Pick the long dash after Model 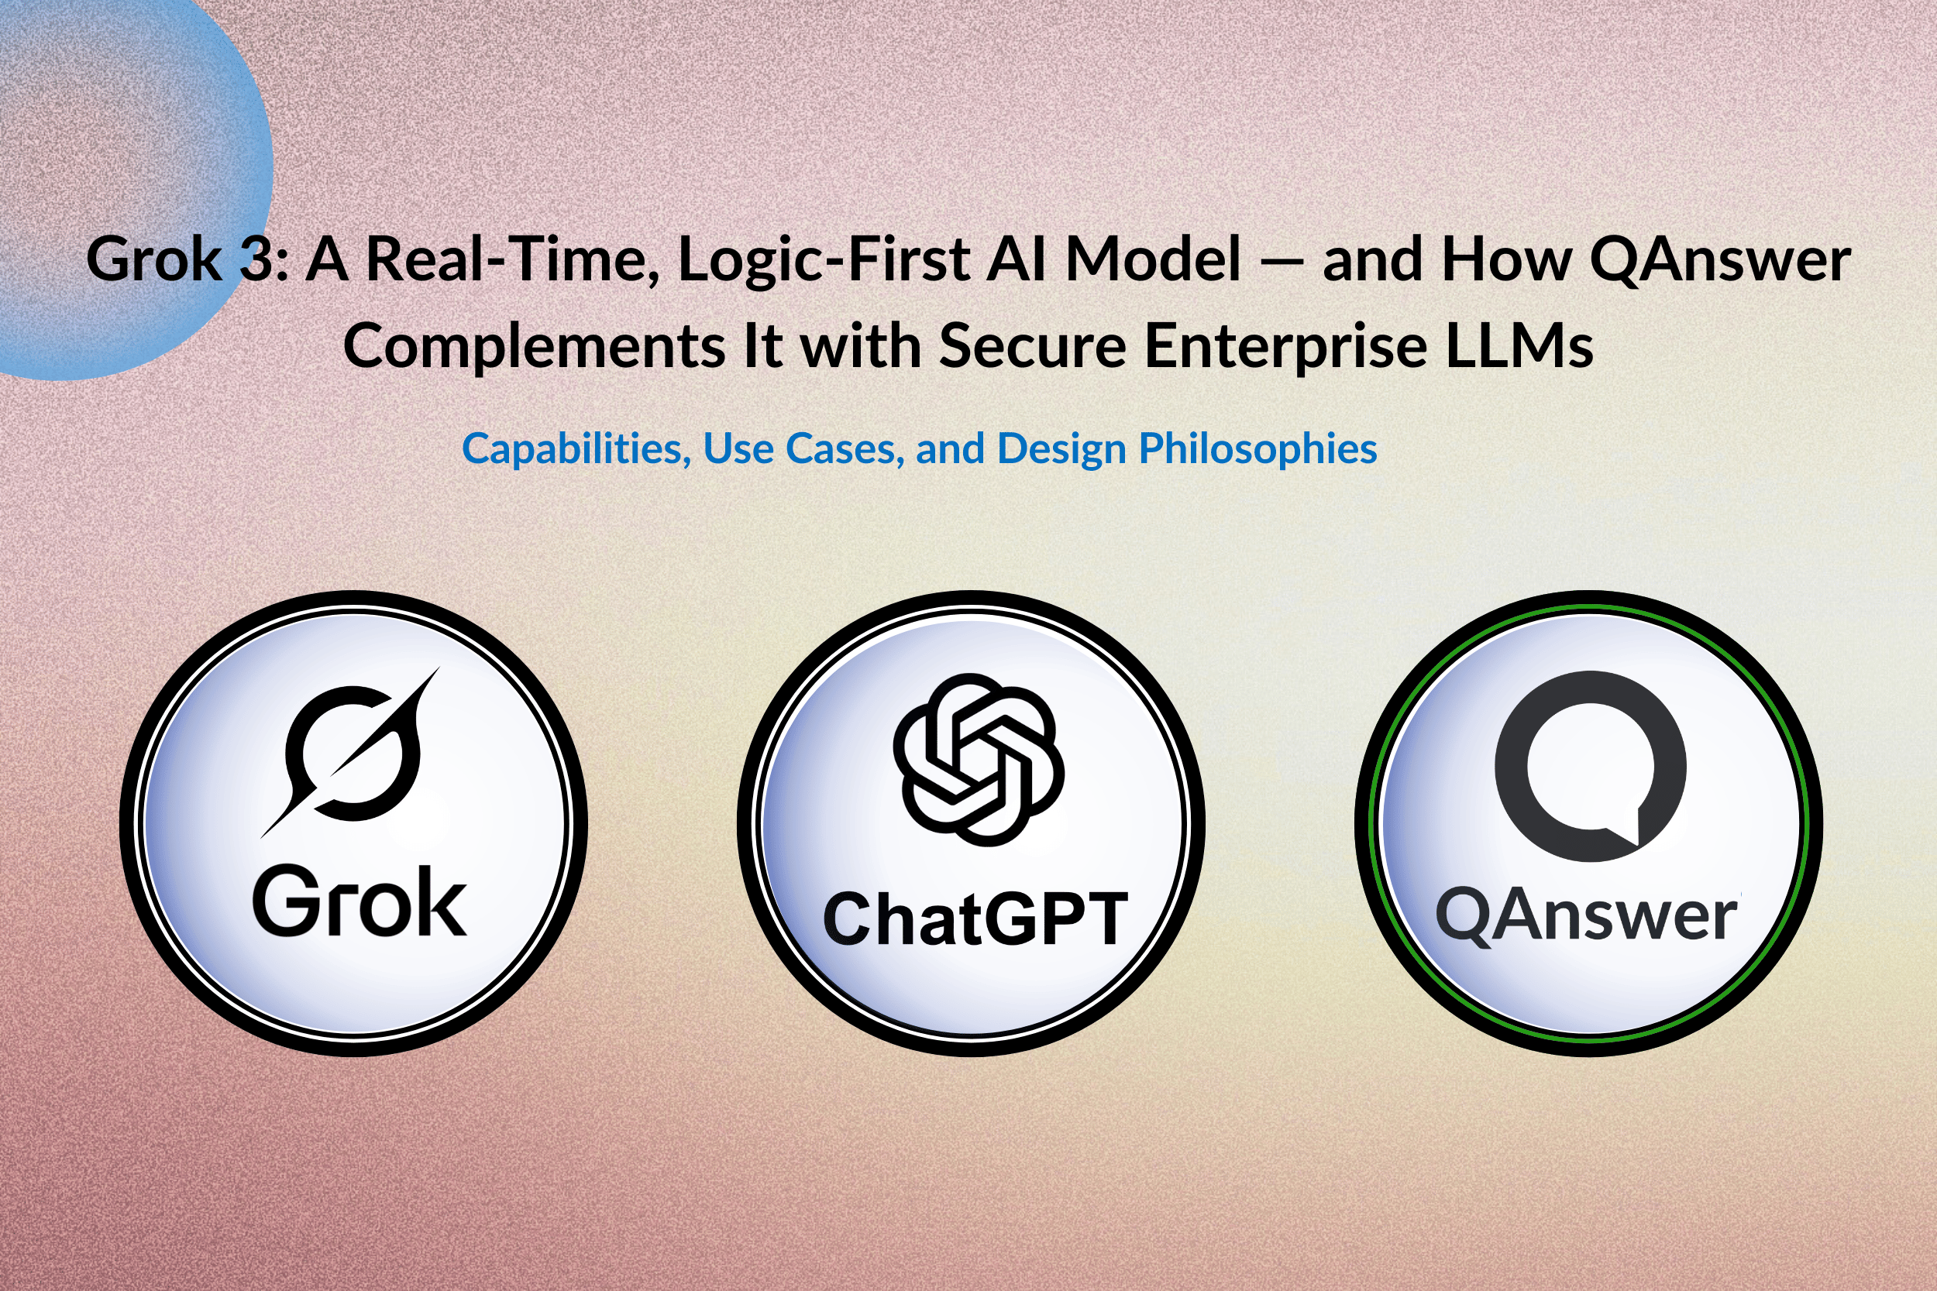(1281, 263)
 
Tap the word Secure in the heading (1033, 347)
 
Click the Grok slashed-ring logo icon (350, 753)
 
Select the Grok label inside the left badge (359, 903)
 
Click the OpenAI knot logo (979, 760)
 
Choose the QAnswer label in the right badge (1587, 915)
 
